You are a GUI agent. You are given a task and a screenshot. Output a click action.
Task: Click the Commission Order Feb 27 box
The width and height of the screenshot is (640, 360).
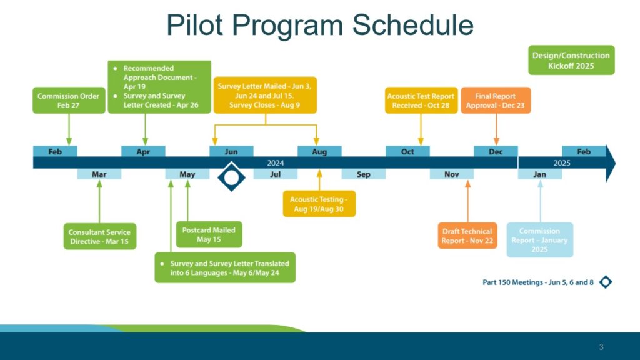69,101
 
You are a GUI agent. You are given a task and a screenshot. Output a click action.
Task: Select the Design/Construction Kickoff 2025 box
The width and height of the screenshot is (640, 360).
571,60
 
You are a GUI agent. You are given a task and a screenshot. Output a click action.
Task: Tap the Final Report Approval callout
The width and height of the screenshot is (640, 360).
496,101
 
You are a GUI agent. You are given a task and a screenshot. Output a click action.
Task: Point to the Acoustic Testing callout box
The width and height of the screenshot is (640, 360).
319,204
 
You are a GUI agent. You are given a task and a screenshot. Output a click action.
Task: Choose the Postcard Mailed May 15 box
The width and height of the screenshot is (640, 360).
209,235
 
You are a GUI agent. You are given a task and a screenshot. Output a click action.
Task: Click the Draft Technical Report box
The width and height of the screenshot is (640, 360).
467,236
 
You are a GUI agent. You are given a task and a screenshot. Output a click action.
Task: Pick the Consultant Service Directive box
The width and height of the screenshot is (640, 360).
99,236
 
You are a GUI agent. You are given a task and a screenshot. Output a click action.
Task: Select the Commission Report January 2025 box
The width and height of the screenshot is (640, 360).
539,240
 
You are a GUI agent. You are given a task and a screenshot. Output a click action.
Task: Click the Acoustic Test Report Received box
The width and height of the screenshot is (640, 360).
421,101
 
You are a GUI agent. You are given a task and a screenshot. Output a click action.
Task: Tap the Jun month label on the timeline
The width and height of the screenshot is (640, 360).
231,151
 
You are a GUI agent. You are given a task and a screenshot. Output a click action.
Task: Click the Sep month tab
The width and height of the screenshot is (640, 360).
363,174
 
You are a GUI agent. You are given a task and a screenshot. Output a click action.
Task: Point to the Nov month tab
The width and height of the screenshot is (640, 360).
451,174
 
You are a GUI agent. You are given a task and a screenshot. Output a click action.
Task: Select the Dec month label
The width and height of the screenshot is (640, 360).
496,151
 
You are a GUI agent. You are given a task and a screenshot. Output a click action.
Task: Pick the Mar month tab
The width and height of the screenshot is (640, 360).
99,174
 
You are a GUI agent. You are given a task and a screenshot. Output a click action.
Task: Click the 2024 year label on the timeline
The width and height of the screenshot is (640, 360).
276,163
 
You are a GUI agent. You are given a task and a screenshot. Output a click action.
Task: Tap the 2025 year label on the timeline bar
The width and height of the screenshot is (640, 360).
562,163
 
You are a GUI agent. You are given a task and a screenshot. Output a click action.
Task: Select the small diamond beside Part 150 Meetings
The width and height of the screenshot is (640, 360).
606,282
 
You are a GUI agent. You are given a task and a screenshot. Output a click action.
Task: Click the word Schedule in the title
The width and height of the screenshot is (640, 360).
412,25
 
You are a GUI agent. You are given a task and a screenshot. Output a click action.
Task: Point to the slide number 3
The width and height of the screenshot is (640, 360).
601,347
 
